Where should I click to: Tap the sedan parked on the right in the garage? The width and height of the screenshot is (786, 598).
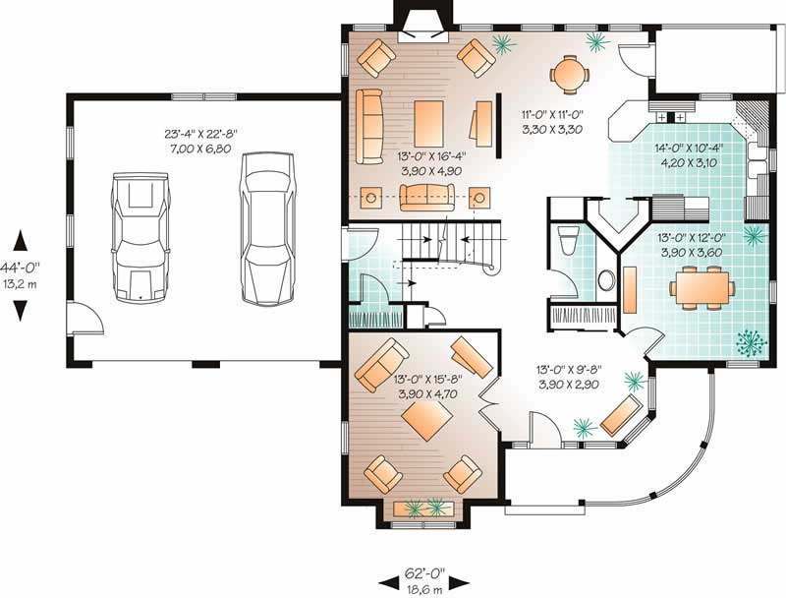pos(266,228)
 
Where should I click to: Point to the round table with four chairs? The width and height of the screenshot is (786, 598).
pos(569,71)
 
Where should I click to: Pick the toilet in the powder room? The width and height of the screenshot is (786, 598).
pos(565,241)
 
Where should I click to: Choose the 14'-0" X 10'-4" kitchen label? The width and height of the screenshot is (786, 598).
pos(690,156)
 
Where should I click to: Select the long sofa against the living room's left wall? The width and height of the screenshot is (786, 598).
pos(370,126)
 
